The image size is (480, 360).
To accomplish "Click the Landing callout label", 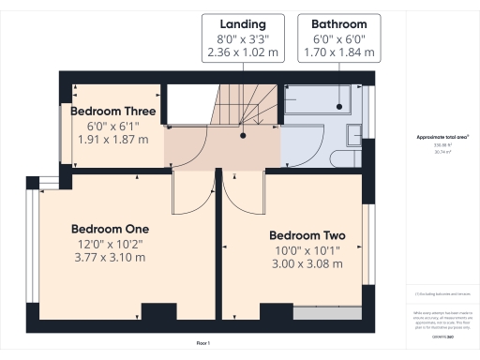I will pos(243,22).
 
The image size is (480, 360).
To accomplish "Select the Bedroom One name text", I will pos(111,228).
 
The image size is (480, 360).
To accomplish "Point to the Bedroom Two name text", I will pos(307,234).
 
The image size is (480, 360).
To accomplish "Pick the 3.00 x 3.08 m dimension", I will pos(307,264).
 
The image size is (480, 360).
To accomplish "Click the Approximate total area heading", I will pos(437,137).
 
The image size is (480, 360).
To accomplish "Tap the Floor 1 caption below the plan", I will pos(203,344).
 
